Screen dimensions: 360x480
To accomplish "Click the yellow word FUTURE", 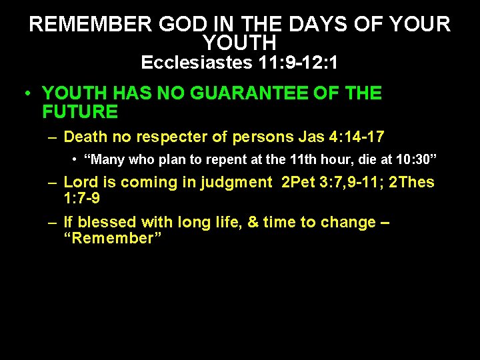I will (x=79, y=111).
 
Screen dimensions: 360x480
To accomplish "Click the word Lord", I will (x=81, y=182).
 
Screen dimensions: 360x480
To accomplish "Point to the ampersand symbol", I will (x=253, y=222).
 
